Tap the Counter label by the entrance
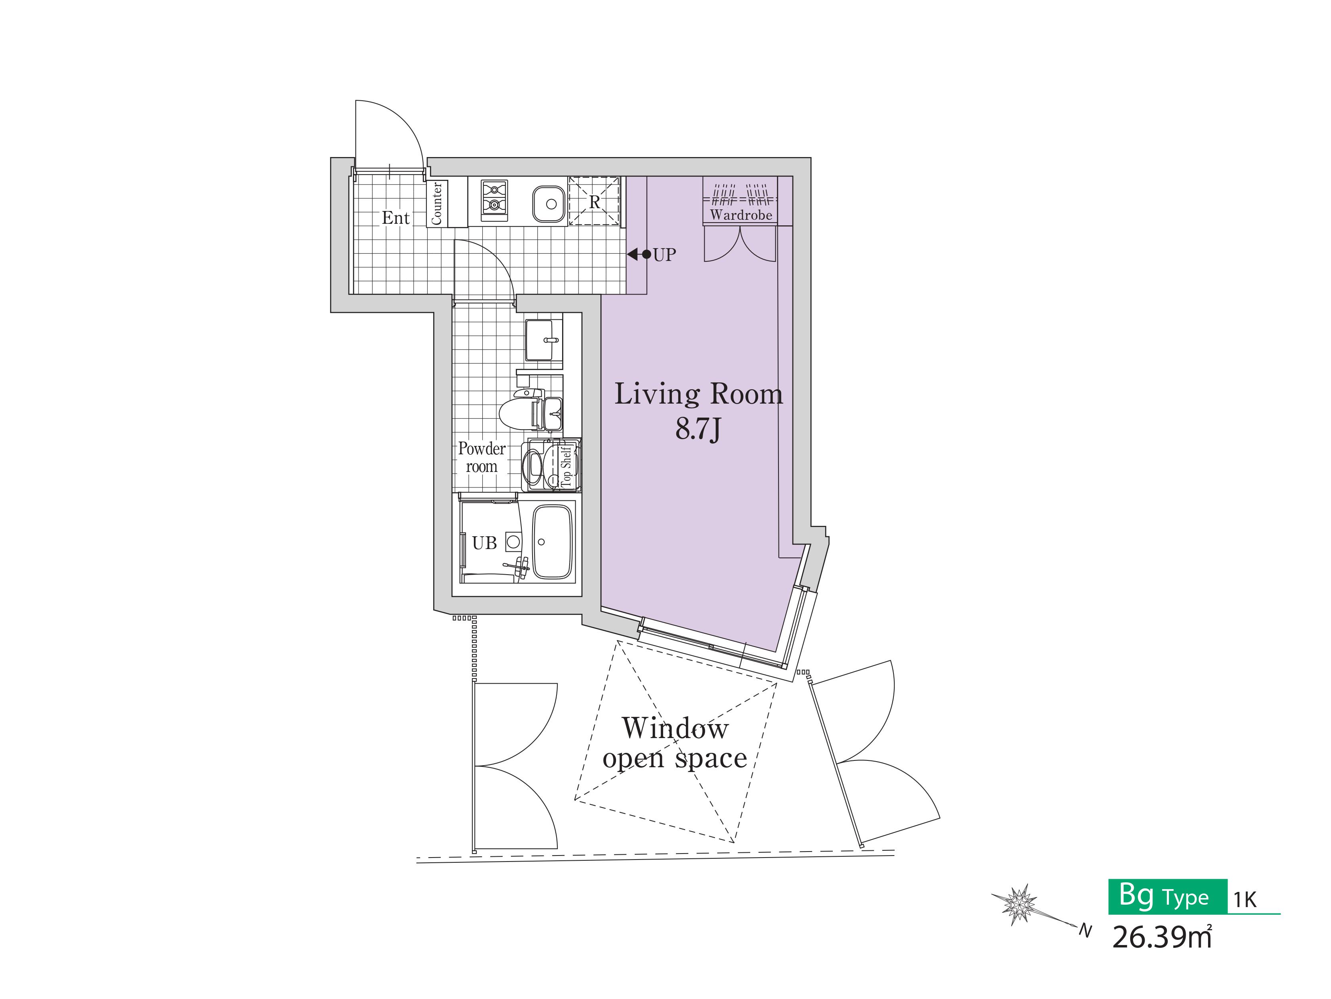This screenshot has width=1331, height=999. pyautogui.click(x=437, y=203)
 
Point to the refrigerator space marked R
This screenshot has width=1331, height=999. pyautogui.click(x=594, y=201)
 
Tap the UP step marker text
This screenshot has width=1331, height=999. pyautogui.click(x=664, y=255)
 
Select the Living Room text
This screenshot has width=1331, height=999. pyautogui.click(x=699, y=394)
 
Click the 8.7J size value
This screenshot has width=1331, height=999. pyautogui.click(x=698, y=429)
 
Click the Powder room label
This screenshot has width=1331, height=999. pyautogui.click(x=481, y=457)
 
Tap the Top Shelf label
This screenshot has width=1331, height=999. pyautogui.click(x=566, y=466)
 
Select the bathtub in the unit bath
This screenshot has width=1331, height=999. pyautogui.click(x=553, y=542)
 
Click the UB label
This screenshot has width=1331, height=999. pyautogui.click(x=484, y=543)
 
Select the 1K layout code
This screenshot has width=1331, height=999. pyautogui.click(x=1245, y=899)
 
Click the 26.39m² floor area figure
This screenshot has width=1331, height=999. pyautogui.click(x=1162, y=937)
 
